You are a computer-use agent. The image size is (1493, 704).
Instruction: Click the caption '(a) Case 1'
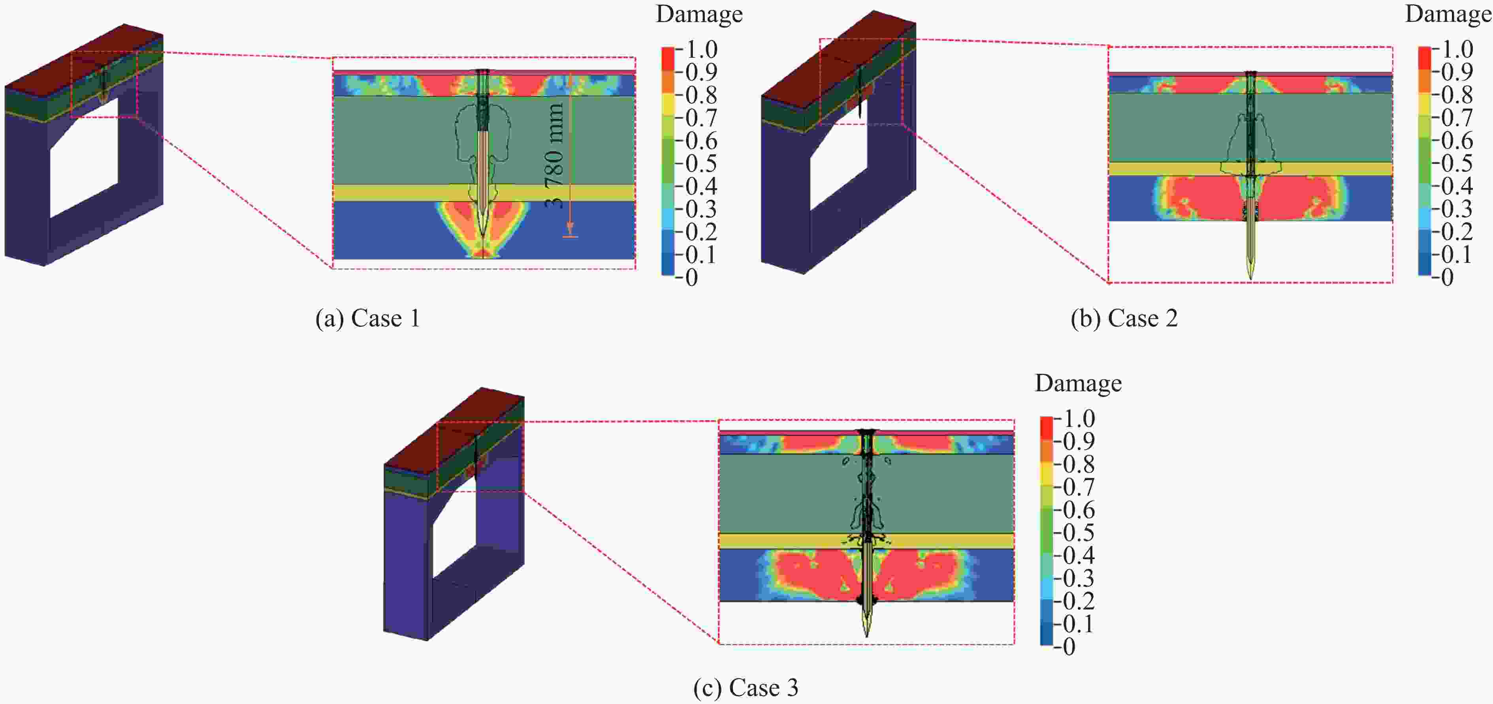tap(367, 318)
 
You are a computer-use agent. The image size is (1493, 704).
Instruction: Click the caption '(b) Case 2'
tap(1124, 318)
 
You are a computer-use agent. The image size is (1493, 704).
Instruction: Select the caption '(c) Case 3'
tap(746, 688)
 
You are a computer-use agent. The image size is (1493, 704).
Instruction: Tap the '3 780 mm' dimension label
tap(555, 155)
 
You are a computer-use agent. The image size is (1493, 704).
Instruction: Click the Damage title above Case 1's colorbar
tap(699, 14)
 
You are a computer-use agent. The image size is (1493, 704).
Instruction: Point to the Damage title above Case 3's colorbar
tap(1078, 383)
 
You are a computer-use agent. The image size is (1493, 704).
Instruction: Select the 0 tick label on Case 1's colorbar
tap(691, 278)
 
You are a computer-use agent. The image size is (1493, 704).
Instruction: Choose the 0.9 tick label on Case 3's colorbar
tap(1079, 441)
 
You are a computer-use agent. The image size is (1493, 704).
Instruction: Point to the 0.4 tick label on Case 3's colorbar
tap(1079, 556)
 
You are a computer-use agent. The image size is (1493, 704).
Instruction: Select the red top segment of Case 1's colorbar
tap(668, 58)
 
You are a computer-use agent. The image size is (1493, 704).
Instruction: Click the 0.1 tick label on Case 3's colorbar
tap(1079, 624)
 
